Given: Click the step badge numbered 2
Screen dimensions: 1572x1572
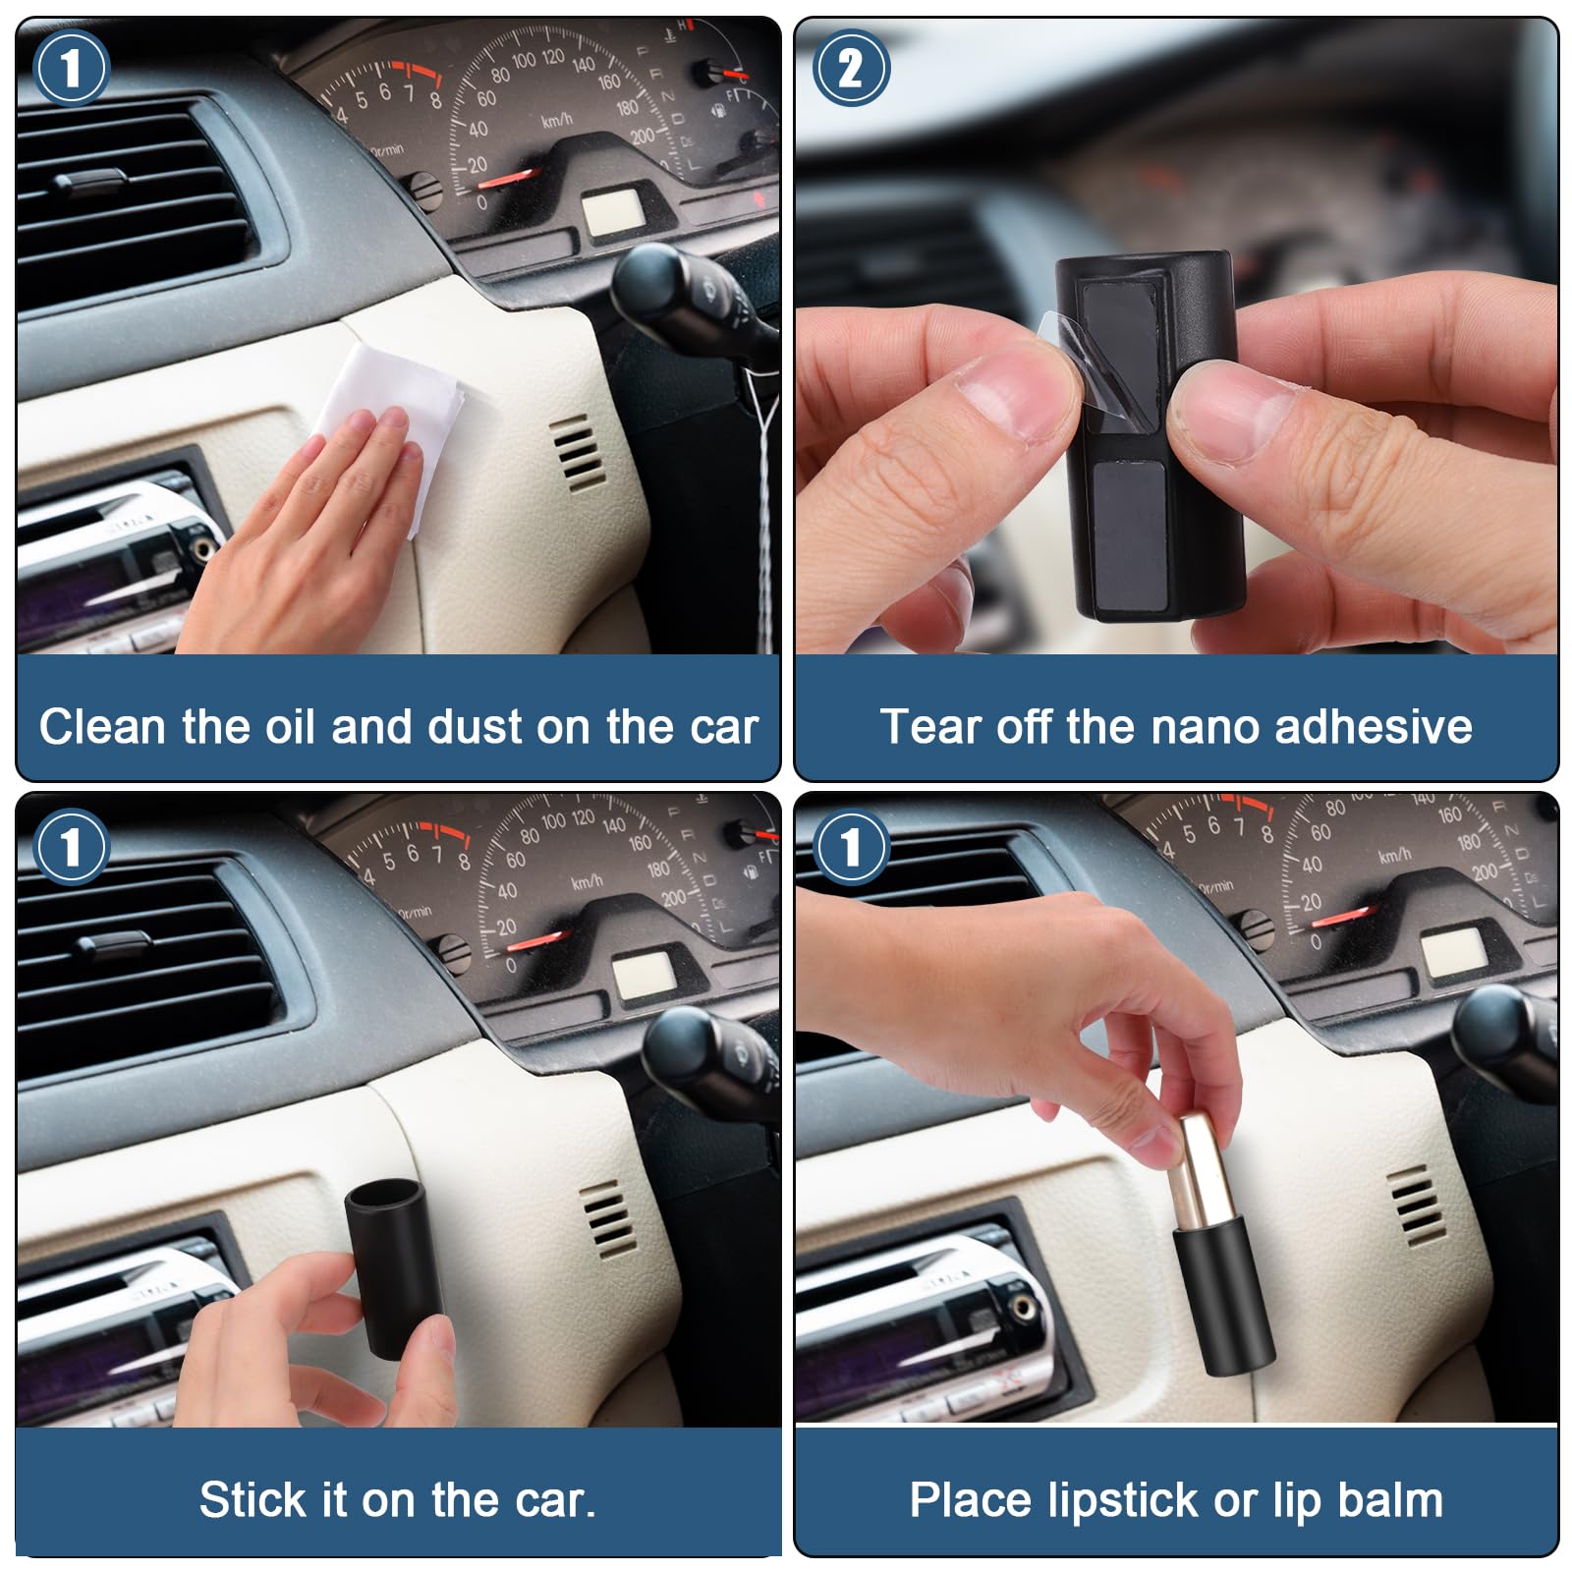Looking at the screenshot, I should coord(851,68).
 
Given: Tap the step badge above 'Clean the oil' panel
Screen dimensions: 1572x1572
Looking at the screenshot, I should coord(71,68).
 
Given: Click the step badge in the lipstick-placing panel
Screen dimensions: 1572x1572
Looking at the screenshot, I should coord(851,847).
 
